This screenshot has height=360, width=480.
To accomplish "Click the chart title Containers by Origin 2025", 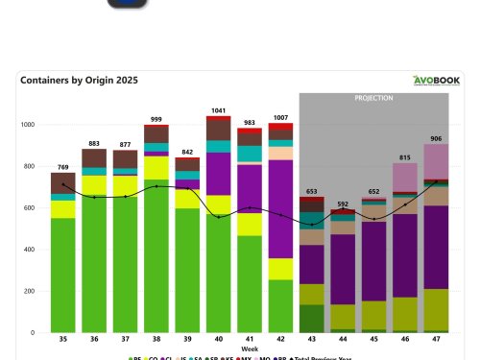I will click(79, 81).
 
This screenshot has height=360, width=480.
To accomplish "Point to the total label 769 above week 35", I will click(63, 168).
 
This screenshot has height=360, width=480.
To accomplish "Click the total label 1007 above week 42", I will click(281, 118).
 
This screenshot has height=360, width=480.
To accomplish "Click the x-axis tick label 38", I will click(156, 339).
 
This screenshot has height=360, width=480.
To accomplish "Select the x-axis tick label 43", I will click(311, 339).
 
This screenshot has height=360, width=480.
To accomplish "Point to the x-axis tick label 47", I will click(436, 339).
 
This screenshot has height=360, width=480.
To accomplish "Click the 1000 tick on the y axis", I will click(28, 125).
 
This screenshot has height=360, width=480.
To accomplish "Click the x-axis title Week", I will click(250, 348).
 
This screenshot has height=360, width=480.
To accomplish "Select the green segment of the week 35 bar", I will click(63, 275).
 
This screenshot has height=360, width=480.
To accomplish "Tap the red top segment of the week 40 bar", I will click(219, 119).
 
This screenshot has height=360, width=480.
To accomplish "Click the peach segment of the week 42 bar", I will click(281, 153).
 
